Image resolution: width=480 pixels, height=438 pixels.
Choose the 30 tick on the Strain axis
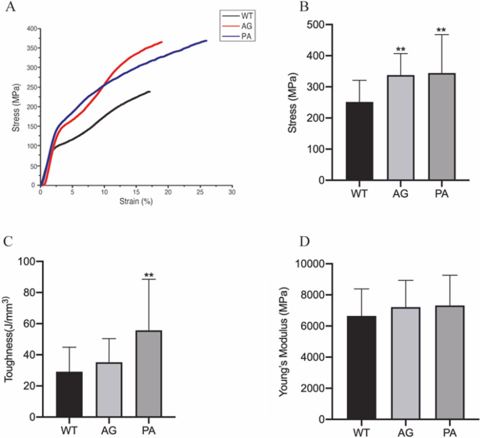coord(232,193)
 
